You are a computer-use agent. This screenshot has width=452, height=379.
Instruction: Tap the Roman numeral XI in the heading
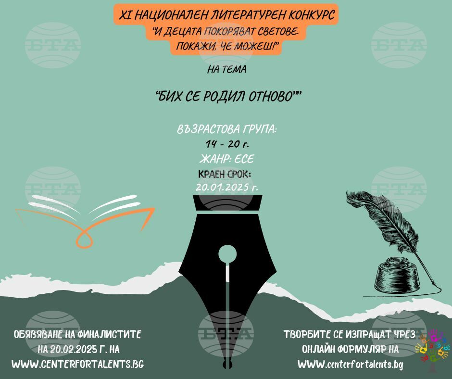(x=125, y=15)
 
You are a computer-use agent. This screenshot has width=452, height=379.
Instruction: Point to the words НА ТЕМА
(x=226, y=70)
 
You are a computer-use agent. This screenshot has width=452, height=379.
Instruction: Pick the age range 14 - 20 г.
(x=227, y=144)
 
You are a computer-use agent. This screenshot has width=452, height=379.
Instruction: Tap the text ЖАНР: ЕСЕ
(x=227, y=159)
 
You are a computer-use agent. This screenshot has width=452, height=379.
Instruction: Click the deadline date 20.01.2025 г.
(x=227, y=188)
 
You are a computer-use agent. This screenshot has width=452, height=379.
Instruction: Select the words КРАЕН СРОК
(x=225, y=174)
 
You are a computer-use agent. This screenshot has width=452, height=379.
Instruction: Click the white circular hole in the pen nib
(x=227, y=254)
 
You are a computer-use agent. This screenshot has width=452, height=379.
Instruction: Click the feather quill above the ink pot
(x=386, y=225)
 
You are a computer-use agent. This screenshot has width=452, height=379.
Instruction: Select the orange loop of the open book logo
(x=84, y=240)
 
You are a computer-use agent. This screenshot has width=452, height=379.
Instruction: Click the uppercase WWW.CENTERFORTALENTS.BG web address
(x=78, y=364)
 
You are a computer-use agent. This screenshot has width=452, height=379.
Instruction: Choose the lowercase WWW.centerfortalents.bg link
(x=350, y=364)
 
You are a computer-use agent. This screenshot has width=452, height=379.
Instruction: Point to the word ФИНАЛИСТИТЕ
(x=109, y=335)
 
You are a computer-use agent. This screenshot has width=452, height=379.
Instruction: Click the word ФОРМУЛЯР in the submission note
(x=358, y=349)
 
